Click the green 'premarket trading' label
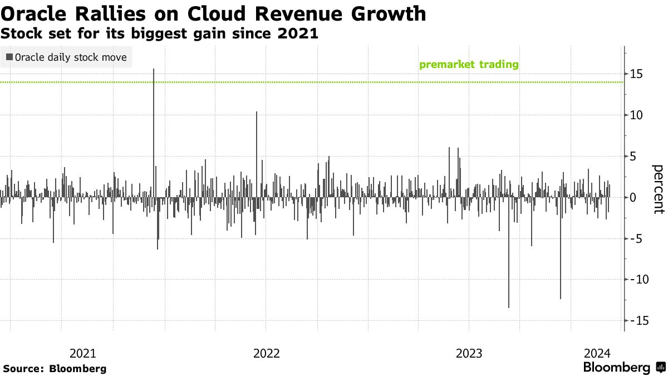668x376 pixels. (469, 65)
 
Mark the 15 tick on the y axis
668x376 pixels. (637, 74)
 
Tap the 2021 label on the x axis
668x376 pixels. (83, 353)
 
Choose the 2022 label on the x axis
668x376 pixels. (267, 353)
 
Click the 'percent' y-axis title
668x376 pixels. (658, 189)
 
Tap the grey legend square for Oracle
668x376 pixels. (9, 57)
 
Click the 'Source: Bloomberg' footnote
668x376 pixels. (55, 368)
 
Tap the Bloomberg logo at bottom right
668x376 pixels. (623, 368)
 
